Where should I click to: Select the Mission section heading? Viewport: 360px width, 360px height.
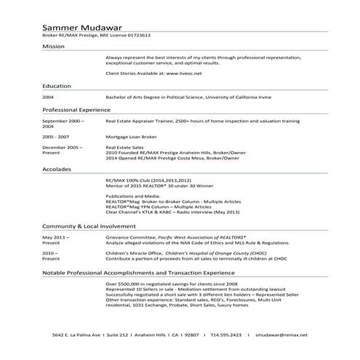coord(53,45)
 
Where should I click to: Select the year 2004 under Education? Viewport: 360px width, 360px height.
coord(48,96)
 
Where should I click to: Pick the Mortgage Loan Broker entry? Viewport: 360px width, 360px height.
coord(129,135)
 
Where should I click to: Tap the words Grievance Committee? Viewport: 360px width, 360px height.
coord(128,237)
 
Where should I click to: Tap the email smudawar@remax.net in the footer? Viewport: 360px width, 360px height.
coord(281,334)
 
